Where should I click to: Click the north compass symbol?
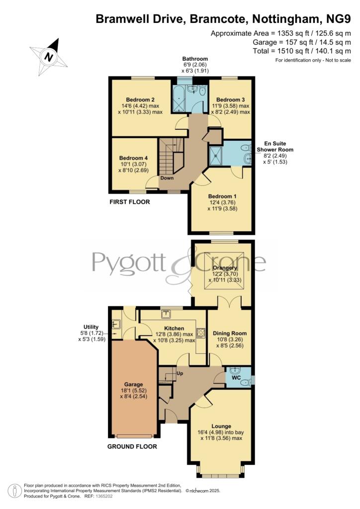[x=49, y=56]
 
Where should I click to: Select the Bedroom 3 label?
[x=231, y=99]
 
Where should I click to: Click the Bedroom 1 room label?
[x=222, y=196]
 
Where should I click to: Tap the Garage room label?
[x=133, y=385]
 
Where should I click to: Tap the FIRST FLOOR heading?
[x=130, y=202]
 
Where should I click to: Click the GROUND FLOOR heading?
[x=132, y=446]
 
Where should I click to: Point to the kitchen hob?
[x=201, y=333]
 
